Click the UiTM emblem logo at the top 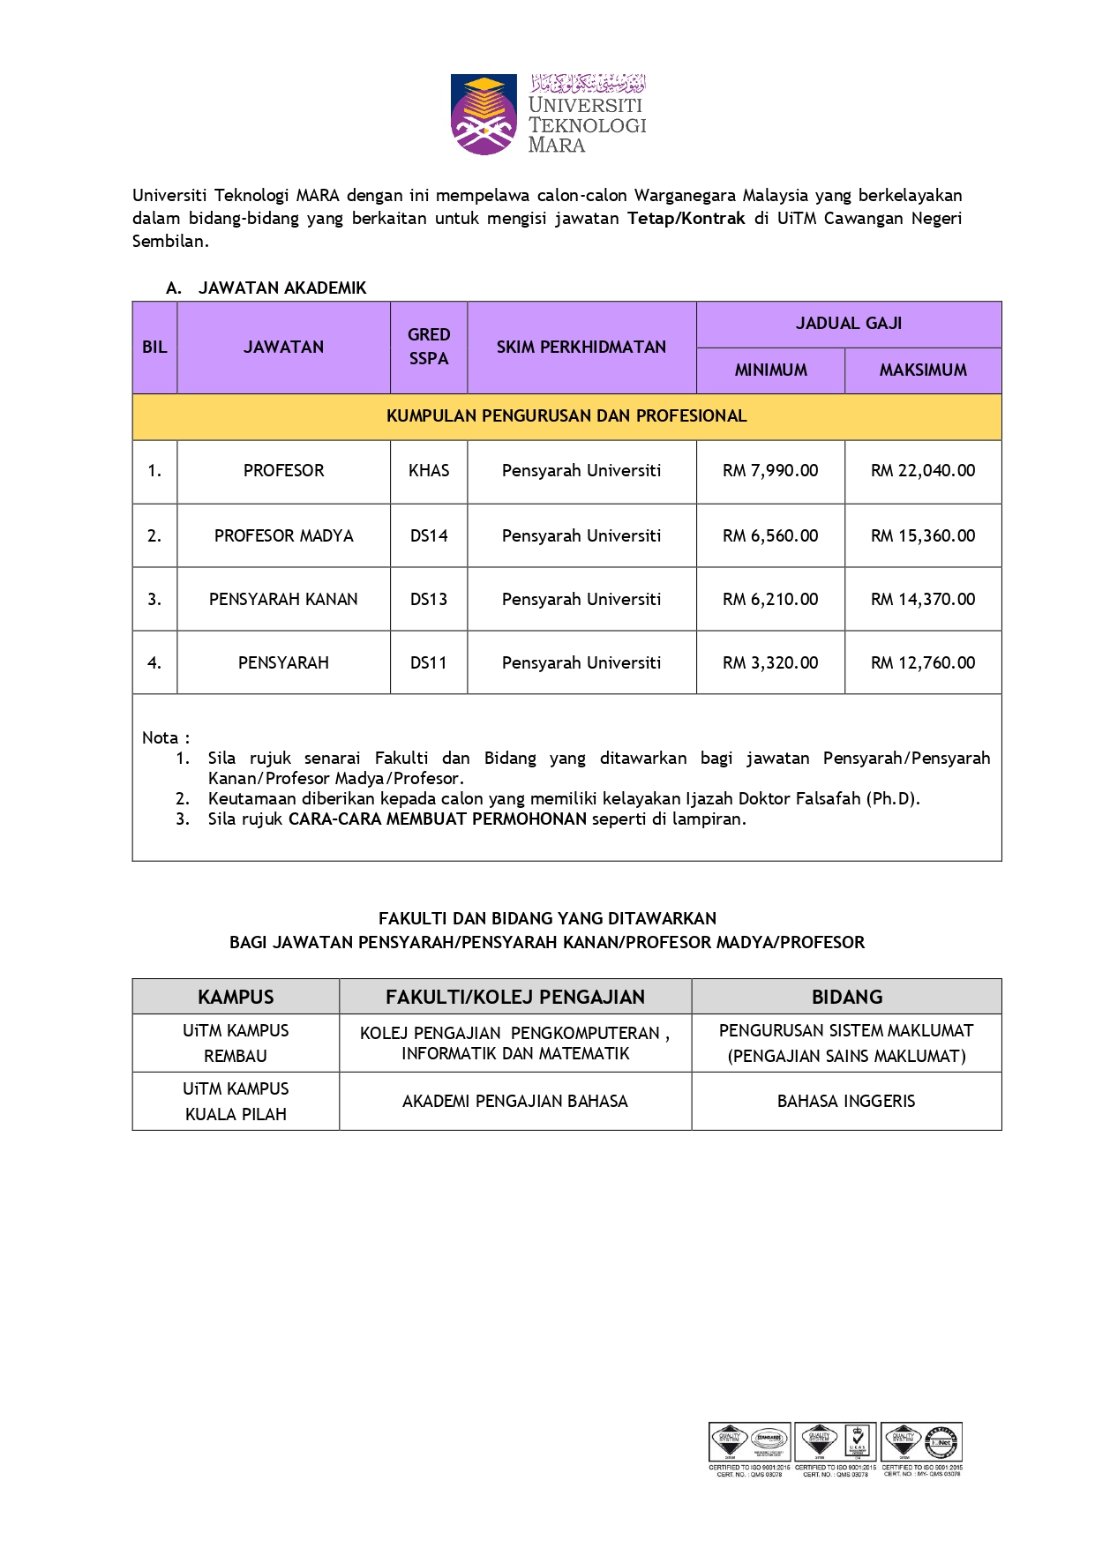tap(483, 115)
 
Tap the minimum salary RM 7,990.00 tap(770, 471)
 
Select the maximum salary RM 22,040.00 tap(923, 471)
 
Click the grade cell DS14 tap(429, 536)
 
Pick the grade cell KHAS tap(429, 471)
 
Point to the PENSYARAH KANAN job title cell tap(283, 600)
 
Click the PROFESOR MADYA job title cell tap(283, 536)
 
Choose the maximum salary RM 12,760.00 tap(923, 663)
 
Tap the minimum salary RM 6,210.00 tap(770, 600)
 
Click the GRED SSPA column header tap(429, 347)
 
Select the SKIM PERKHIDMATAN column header tap(581, 348)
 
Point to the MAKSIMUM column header tap(923, 370)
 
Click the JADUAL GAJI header tap(849, 324)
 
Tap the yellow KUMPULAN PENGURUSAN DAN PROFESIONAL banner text tap(566, 416)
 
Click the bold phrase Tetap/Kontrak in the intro tap(686, 219)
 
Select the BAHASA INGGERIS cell tap(846, 1102)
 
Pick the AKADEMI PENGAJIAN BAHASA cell tap(515, 1102)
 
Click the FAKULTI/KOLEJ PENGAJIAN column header tap(515, 998)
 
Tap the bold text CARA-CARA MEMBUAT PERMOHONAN tap(438, 819)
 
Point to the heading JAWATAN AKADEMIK tap(282, 288)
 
